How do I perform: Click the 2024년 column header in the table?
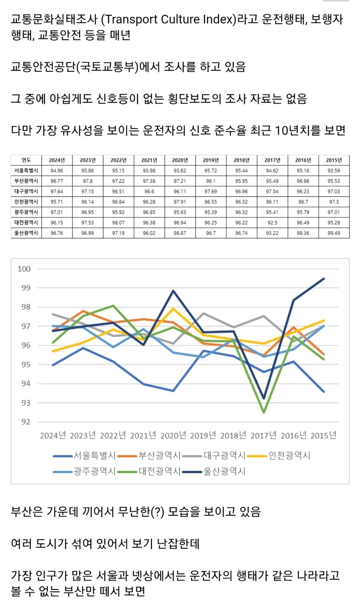[x=57, y=160]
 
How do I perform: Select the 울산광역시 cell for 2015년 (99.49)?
[x=334, y=233]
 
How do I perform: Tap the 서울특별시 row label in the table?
[x=26, y=170]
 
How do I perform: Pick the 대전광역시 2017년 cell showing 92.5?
[x=272, y=222]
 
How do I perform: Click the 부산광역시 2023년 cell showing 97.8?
[x=88, y=181]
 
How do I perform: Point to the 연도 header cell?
[x=26, y=160]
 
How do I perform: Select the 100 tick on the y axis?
[x=24, y=269]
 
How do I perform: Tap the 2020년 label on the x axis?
[x=173, y=435]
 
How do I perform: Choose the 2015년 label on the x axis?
[x=323, y=435]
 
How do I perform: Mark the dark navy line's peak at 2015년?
[x=324, y=279]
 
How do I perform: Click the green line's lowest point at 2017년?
[x=264, y=412]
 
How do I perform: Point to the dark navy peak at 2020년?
[x=173, y=291]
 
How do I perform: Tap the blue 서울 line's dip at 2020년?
[x=173, y=391]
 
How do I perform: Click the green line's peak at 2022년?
[x=113, y=305]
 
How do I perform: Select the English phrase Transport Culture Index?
[x=171, y=19]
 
